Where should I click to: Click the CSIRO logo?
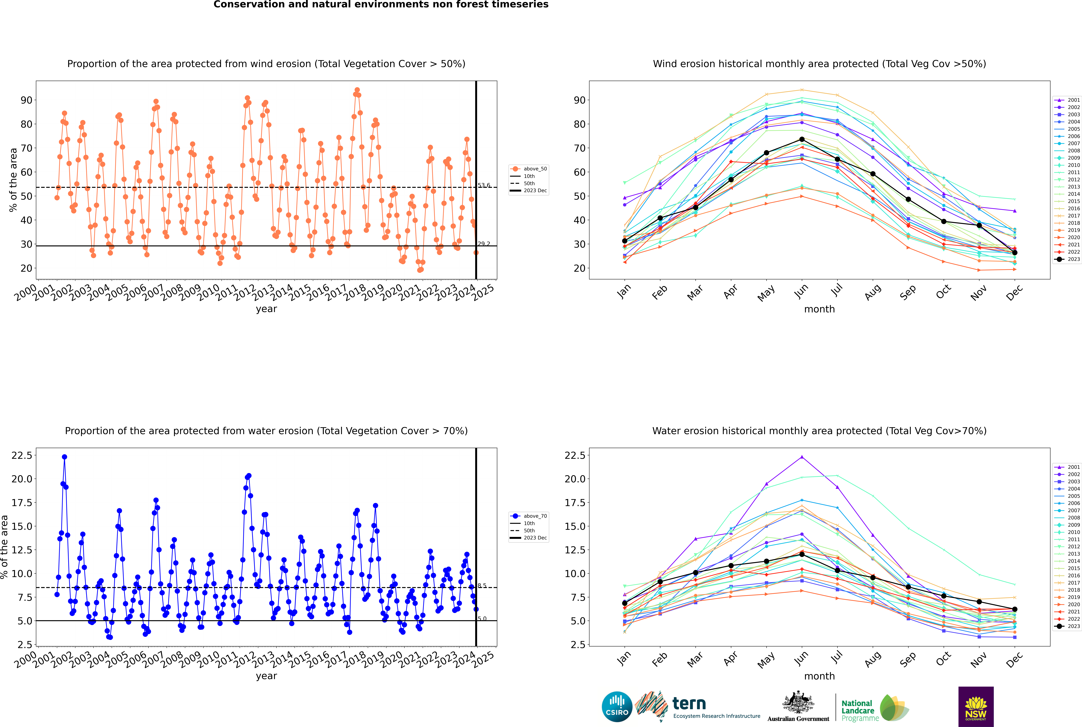coord(617,707)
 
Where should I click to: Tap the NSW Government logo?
coord(976,706)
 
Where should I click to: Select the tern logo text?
coord(689,704)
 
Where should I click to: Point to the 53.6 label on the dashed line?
coord(484,185)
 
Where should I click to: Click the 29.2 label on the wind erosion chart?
coord(484,244)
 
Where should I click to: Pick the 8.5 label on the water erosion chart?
coord(482,586)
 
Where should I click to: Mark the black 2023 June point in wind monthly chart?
coord(802,140)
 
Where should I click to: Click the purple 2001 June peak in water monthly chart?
coord(802,457)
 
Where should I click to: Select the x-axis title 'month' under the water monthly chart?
coord(819,676)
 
